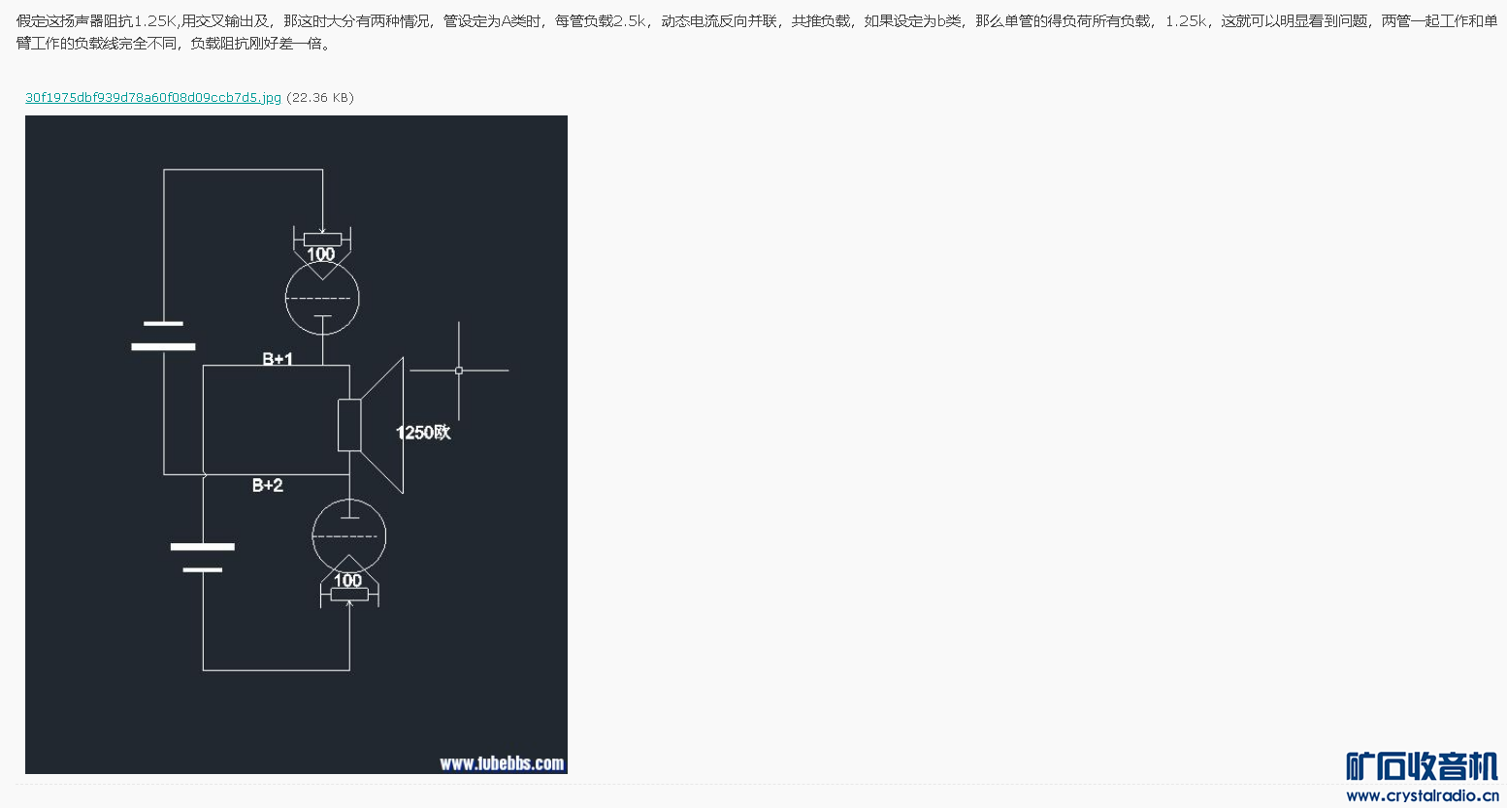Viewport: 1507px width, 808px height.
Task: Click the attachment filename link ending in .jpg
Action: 152,98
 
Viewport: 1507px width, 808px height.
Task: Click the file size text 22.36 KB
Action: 320,98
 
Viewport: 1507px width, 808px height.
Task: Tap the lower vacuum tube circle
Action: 348,535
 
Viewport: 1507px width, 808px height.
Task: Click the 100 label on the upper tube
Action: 320,254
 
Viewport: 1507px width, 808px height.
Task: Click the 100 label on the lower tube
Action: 347,580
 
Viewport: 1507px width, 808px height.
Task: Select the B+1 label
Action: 278,359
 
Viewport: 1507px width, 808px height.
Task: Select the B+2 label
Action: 268,485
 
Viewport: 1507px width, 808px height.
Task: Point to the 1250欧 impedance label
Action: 423,433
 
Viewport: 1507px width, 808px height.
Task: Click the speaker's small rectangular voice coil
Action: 349,425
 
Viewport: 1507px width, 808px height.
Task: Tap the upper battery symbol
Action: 163,335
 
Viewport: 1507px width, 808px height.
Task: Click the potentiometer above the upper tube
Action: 322,239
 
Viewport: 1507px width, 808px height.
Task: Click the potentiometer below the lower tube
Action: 349,595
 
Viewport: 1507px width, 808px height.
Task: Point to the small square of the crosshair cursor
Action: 459,371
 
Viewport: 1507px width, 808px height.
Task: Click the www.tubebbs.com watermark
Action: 502,763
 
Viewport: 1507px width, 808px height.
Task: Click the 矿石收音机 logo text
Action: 1422,766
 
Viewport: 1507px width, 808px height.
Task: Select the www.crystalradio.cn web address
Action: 1422,796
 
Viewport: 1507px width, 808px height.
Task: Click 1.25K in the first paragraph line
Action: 155,20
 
